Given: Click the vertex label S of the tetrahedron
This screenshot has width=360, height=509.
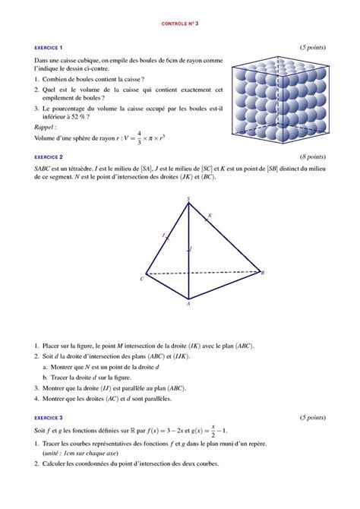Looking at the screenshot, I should tap(188, 200).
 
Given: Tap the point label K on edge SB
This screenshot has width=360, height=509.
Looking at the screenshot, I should tap(210, 216).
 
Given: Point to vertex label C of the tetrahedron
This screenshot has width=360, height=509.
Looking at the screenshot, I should tap(141, 280).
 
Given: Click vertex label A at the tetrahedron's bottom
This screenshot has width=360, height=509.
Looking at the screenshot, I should tap(188, 304).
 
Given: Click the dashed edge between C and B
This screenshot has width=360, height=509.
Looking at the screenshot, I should tap(204, 273).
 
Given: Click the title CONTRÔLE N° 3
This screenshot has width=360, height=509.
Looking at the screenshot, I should tap(180, 24).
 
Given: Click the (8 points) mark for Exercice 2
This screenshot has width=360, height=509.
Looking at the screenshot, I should tap(312, 156).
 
